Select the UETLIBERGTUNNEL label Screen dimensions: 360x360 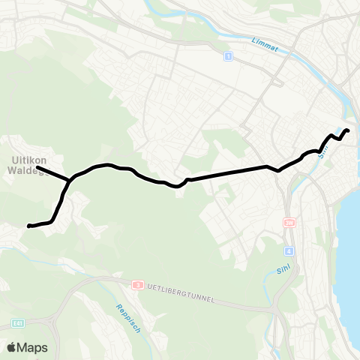point(179,293)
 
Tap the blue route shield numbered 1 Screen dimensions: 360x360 point(227,55)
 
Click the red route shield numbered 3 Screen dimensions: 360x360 point(138,285)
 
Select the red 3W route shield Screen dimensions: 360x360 point(290,223)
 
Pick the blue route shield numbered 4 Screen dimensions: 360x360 point(289,250)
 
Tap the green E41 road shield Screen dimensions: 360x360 point(18,323)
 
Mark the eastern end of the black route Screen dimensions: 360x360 point(348,131)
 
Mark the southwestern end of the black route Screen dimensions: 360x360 point(28,226)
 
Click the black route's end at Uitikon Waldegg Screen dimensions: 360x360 point(37,167)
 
